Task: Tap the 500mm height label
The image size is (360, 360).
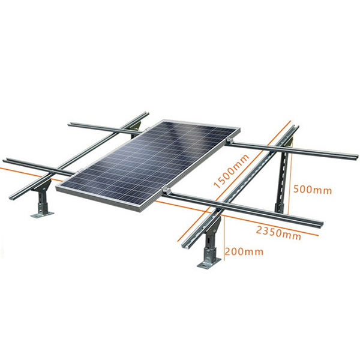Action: tap(312, 190)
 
